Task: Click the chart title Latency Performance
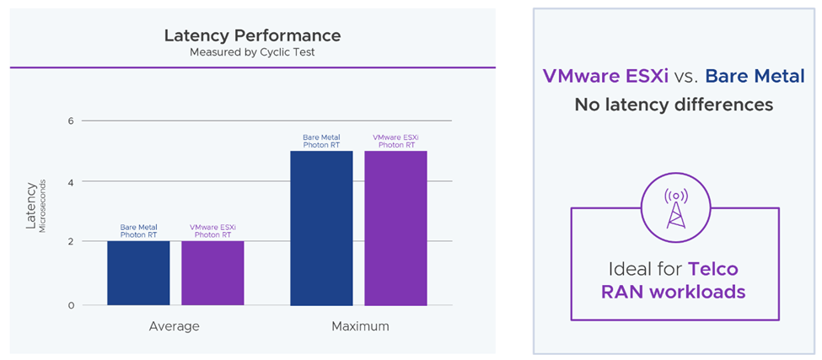pos(252,35)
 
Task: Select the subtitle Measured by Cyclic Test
pos(252,51)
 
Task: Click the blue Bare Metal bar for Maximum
pos(321,228)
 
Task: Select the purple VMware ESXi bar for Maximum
pos(395,228)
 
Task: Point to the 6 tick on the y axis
pos(71,121)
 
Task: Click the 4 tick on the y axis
pos(71,181)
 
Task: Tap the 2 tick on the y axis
pos(71,242)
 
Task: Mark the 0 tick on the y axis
pos(71,305)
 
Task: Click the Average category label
pos(175,325)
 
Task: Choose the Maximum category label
pos(360,325)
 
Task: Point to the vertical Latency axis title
pos(31,206)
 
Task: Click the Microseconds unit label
pos(42,206)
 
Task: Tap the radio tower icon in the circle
pos(675,207)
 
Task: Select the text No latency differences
pos(674,105)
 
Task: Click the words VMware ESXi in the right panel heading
pos(606,77)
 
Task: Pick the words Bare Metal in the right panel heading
pos(755,77)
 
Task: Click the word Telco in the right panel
pos(713,270)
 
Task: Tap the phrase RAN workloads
pos(674,293)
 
